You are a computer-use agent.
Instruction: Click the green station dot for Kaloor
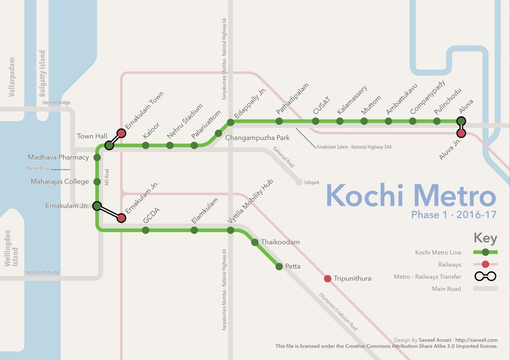point(146,145)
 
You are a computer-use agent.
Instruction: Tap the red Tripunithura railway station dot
point(327,279)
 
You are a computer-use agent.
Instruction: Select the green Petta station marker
point(279,266)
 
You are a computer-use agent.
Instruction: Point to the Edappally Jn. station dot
point(230,122)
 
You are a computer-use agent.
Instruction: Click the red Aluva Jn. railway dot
point(461,134)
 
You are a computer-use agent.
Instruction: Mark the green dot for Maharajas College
point(97,182)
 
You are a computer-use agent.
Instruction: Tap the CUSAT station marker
point(316,122)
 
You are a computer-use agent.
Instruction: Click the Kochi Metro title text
point(411,195)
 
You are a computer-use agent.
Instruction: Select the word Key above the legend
point(485,239)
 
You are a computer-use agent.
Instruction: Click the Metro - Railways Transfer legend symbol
point(485,277)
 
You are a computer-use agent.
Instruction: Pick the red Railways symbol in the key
point(485,264)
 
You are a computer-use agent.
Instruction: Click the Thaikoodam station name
point(281,242)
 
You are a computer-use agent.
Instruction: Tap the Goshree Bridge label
point(56,102)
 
